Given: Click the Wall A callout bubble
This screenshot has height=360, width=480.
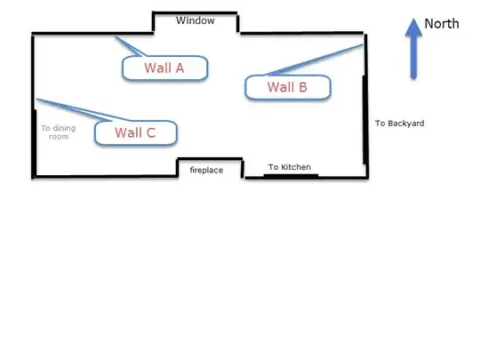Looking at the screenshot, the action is [x=164, y=68].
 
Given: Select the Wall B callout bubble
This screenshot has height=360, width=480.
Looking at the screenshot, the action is [x=288, y=87].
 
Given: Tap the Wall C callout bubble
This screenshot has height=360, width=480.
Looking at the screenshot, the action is [x=136, y=132].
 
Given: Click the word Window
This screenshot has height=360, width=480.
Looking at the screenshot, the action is [x=195, y=20].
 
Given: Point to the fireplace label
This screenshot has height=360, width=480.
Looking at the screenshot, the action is [x=206, y=170].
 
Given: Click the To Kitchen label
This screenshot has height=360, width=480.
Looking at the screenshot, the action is [x=289, y=167].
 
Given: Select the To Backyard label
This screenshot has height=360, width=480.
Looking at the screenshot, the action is [x=399, y=124].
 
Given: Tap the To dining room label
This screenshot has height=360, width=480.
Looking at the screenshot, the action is [x=59, y=132].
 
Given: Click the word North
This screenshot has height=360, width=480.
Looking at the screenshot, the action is [x=442, y=24].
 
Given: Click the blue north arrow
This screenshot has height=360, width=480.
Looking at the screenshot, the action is [x=413, y=49].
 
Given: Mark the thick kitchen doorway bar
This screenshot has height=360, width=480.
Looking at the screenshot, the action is [x=291, y=176].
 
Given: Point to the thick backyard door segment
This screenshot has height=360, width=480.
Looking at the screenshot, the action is [x=365, y=120].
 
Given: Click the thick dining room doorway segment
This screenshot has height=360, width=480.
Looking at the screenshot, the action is [x=35, y=143].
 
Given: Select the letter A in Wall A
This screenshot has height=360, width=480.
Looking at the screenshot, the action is [x=180, y=68].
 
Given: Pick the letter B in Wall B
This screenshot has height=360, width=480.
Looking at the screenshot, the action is [x=303, y=87].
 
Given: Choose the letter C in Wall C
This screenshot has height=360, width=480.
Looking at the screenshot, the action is [x=151, y=132].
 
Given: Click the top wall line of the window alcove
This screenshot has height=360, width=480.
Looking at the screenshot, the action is [x=195, y=12].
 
